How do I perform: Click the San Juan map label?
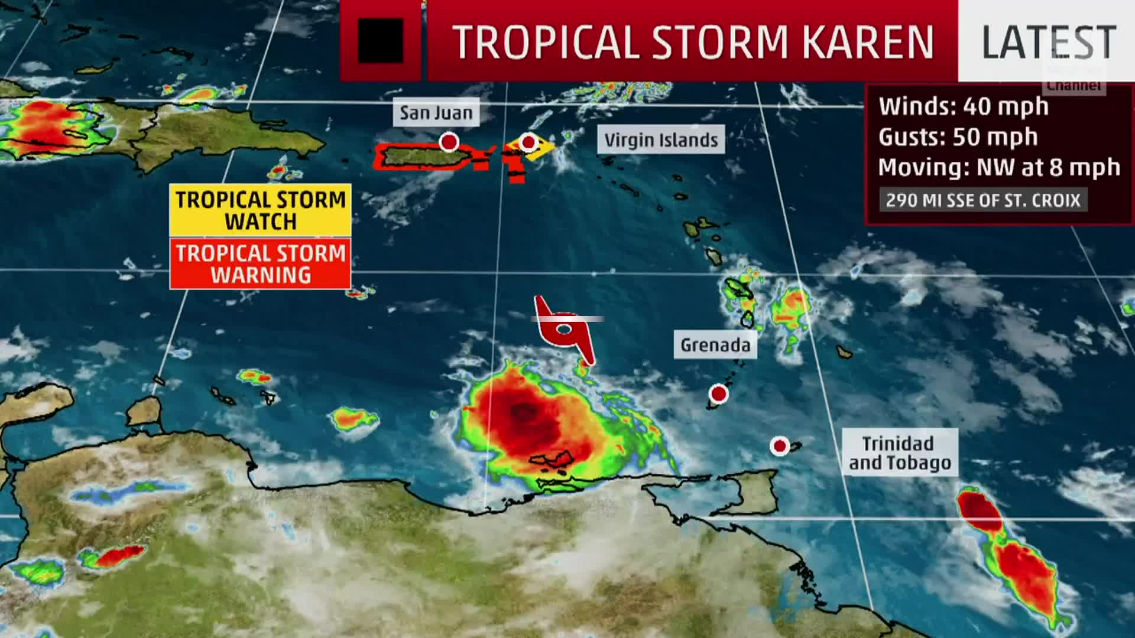click(436, 112)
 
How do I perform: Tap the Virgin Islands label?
click(661, 140)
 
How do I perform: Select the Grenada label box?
click(715, 344)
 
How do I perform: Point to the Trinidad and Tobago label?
click(900, 453)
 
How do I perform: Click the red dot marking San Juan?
click(449, 142)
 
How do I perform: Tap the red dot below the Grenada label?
click(719, 393)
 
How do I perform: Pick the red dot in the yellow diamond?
click(528, 142)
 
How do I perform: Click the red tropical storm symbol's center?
click(565, 330)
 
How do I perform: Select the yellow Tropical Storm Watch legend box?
click(261, 210)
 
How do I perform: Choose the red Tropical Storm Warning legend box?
click(261, 263)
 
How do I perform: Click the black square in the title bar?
click(381, 41)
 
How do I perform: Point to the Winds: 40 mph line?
click(964, 106)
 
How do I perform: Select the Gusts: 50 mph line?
click(958, 137)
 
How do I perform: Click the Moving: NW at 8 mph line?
click(999, 168)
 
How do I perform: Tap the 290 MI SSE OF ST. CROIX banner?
click(983, 200)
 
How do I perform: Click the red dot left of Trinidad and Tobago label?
click(780, 446)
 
